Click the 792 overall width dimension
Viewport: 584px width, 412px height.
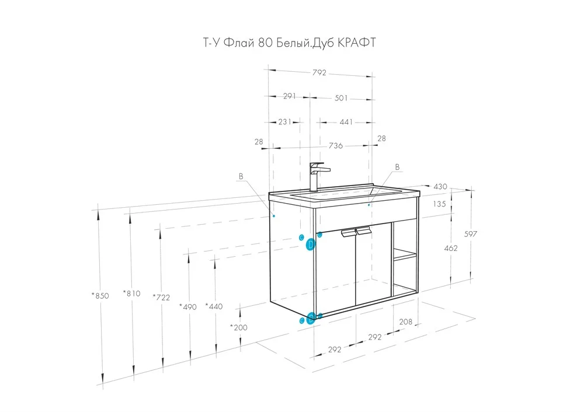tap(319, 72)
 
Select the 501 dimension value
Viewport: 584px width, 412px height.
tap(341, 98)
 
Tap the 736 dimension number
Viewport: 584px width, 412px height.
tap(336, 145)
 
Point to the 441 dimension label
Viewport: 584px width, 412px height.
tap(346, 122)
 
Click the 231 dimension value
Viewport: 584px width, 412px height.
tap(285, 122)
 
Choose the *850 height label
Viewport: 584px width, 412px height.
tap(100, 296)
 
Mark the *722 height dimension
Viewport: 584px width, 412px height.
tap(161, 298)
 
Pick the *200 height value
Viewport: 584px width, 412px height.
tap(238, 327)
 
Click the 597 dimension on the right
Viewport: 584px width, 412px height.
tap(470, 234)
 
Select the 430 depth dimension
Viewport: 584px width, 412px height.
tap(440, 187)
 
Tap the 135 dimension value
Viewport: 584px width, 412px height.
tap(440, 204)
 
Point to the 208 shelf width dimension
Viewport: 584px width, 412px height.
tap(406, 322)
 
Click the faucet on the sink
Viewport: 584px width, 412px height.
tap(317, 177)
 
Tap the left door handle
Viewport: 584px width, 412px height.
tap(348, 232)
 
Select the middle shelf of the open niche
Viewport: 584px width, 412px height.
tap(405, 255)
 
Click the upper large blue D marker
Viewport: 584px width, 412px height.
tap(310, 245)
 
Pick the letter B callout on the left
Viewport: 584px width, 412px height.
tap(241, 176)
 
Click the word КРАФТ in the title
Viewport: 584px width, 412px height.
tap(356, 43)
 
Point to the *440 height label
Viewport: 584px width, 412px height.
tap(214, 307)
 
